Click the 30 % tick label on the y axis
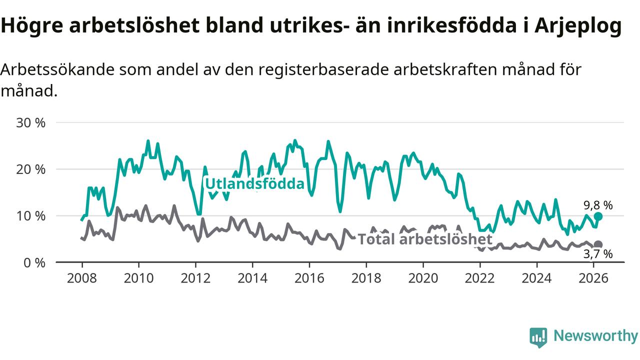tap(31, 122)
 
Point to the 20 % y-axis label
tap(31, 169)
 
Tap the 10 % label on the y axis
tap(31, 216)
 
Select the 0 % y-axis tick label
tap(34, 262)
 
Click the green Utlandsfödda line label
tap(255, 184)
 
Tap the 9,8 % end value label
tap(598, 205)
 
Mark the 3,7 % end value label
tap(598, 254)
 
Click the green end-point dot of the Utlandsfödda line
tap(598, 216)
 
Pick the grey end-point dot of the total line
tap(598, 244)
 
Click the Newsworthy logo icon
tap(538, 337)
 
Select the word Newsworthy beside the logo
tap(595, 336)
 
